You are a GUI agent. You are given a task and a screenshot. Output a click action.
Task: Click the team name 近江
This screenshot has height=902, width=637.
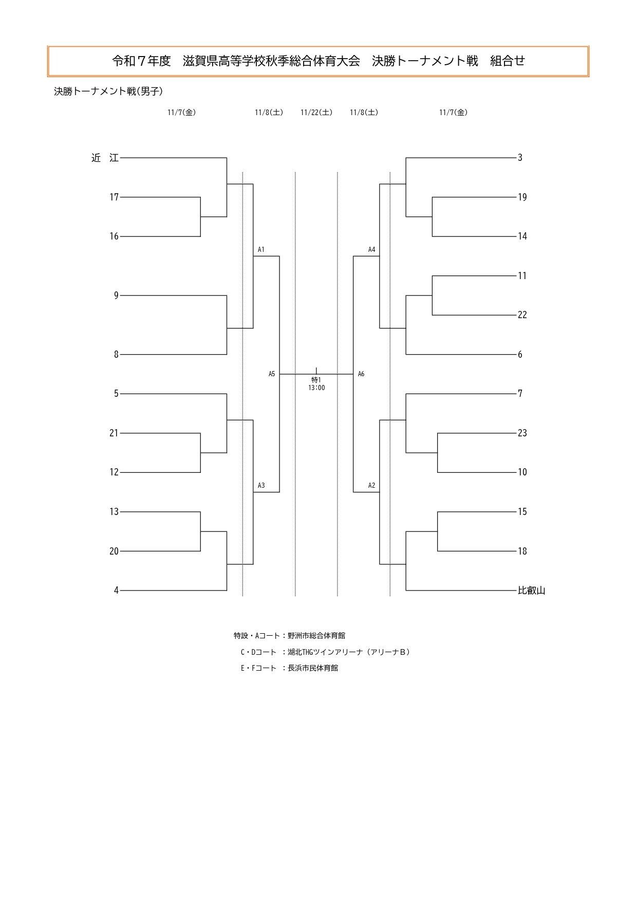coord(105,158)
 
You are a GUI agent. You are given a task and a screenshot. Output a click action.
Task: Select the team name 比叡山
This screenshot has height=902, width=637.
coord(532,591)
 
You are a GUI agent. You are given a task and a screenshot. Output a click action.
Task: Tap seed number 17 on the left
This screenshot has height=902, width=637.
coord(114,197)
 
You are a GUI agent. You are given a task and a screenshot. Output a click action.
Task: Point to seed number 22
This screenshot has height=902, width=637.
coord(522,315)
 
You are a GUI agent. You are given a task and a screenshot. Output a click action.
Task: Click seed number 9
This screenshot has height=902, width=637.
coord(116,296)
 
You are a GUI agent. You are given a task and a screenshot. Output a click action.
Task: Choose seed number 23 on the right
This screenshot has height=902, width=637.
coord(522,433)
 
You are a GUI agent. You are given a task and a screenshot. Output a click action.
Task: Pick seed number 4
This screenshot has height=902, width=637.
coord(116,591)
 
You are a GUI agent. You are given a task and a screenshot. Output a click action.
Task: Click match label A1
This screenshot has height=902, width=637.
coord(261,250)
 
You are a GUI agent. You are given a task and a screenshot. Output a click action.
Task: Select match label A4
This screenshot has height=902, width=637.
coord(371,250)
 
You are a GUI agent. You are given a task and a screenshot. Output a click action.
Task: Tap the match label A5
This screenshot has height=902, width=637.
coord(272,374)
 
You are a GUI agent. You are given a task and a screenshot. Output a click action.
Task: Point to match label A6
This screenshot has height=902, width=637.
coord(361,374)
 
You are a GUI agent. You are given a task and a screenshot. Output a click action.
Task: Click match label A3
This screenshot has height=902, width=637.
coord(261,486)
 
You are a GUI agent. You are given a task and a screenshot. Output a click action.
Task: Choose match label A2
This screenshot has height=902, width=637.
coord(371,486)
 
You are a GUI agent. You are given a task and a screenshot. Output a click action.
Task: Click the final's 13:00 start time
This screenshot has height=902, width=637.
coord(316,388)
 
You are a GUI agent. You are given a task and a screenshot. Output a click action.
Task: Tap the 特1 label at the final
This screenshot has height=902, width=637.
coord(316,380)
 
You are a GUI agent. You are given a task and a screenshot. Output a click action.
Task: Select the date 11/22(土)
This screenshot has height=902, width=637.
coord(316,113)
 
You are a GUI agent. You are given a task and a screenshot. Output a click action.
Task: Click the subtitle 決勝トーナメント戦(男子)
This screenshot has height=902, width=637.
coord(108,91)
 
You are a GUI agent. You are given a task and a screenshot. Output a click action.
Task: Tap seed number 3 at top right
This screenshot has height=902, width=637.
coord(520,158)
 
